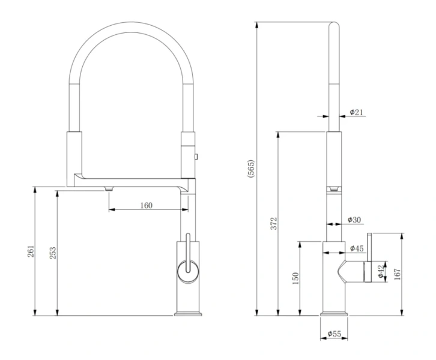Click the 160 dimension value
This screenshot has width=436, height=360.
(147, 205)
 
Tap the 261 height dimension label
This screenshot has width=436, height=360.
(31, 251)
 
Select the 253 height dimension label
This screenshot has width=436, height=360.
(53, 253)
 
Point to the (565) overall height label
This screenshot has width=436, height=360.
(250, 169)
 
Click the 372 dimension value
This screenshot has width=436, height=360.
(274, 224)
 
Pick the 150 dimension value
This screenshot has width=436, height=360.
(295, 278)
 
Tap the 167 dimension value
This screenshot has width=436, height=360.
(398, 274)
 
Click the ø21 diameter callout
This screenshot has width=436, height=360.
(356, 112)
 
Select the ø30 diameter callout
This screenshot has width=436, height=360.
(354, 220)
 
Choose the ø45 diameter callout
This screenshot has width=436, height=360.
(357, 248)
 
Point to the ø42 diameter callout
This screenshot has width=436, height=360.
(381, 271)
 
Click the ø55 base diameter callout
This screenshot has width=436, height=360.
(335, 334)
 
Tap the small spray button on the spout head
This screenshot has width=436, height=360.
(196, 157)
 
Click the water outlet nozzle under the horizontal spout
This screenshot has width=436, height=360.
(109, 189)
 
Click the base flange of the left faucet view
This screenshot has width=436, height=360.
(188, 314)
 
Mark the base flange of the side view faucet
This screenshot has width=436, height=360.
(334, 314)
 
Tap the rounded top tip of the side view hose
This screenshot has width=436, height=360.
(334, 25)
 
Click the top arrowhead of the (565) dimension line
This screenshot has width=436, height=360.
(257, 25)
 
